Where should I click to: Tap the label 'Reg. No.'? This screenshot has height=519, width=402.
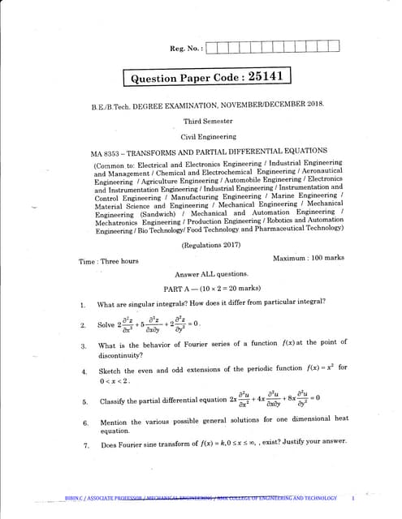tap(186, 49)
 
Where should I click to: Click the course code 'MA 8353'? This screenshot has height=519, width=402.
tap(106, 152)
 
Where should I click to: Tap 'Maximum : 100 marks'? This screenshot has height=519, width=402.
tap(309, 257)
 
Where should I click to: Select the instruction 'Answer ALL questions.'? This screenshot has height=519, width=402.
tap(211, 274)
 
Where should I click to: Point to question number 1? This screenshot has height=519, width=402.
tap(83, 305)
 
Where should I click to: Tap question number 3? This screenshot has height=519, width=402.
tap(84, 346)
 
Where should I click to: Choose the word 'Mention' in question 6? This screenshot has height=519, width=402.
tap(115, 422)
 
